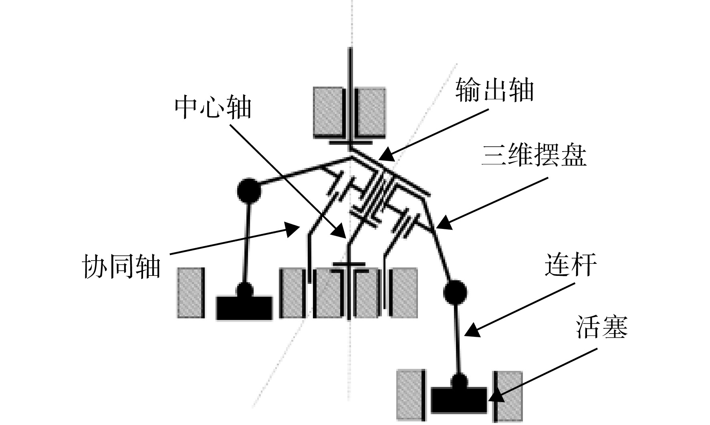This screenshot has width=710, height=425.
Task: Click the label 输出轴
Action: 494,90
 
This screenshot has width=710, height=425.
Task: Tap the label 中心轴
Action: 213,107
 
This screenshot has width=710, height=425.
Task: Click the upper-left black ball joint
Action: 249,190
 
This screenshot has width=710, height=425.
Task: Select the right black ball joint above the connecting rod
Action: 455,291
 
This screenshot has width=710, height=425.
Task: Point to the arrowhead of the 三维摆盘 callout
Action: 444,223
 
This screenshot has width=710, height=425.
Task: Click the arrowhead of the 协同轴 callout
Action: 292,229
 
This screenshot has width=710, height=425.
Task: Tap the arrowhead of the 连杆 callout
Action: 472,330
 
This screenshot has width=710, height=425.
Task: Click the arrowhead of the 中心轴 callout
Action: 340,231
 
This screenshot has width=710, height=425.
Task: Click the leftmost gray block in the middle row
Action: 190,293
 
